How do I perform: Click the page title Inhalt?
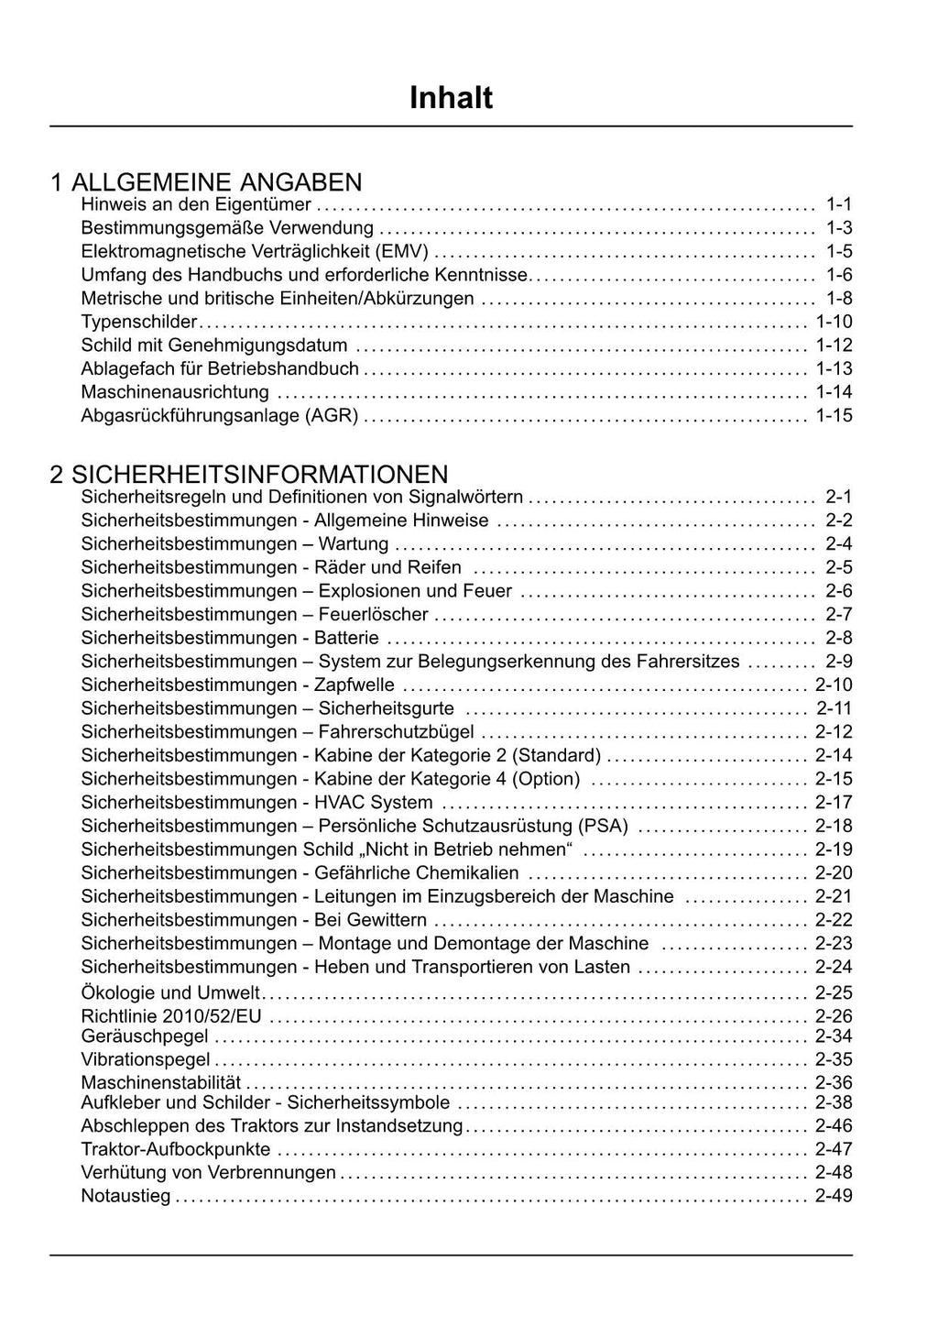click(451, 98)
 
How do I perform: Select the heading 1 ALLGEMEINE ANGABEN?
click(206, 181)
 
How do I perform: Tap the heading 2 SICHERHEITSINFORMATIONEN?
click(249, 474)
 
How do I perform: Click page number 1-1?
click(838, 204)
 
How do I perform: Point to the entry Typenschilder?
click(139, 322)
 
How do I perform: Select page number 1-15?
click(834, 416)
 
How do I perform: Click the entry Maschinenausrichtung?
click(175, 392)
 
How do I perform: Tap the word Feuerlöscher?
click(373, 614)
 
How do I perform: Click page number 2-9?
click(838, 662)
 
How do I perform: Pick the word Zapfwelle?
click(354, 685)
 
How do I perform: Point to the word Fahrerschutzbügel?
click(396, 732)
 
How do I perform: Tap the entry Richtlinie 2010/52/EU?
click(171, 1016)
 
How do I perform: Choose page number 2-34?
click(834, 1036)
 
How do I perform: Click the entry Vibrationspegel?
click(146, 1060)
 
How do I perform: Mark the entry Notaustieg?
click(125, 1196)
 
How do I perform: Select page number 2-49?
click(834, 1196)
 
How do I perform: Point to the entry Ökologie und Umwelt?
click(170, 992)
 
